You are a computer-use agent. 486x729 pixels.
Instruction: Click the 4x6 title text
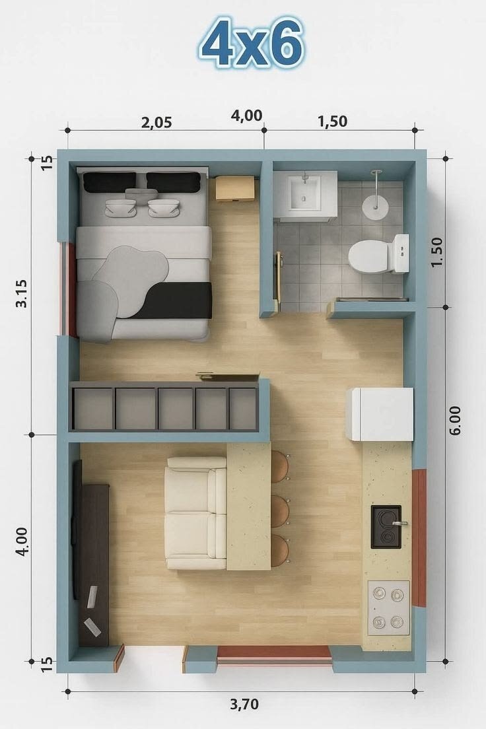(252, 43)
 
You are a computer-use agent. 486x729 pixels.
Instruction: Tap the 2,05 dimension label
(156, 123)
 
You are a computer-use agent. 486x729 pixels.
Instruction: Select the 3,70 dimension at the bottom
(244, 705)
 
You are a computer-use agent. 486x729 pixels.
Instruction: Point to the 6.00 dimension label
(455, 420)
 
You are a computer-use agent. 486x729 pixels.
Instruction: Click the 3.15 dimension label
(21, 293)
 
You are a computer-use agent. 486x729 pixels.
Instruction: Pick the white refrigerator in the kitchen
(380, 414)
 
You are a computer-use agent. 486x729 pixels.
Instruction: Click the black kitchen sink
(386, 527)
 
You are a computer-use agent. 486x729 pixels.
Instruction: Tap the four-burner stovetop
(389, 607)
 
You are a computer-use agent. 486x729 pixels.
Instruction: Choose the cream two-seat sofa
(196, 513)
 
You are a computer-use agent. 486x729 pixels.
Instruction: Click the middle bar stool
(280, 511)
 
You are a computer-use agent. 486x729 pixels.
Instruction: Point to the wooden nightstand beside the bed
(235, 188)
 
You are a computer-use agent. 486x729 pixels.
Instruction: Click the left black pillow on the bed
(110, 182)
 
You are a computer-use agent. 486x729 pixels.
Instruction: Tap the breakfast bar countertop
(249, 506)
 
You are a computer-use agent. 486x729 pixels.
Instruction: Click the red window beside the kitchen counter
(420, 538)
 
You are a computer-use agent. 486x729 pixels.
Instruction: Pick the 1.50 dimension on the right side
(437, 252)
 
